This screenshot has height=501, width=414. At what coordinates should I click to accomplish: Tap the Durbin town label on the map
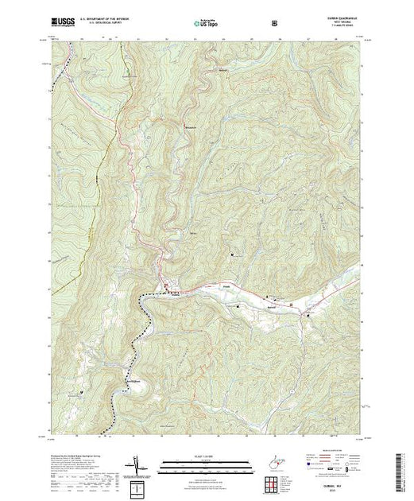coord(166,292)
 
